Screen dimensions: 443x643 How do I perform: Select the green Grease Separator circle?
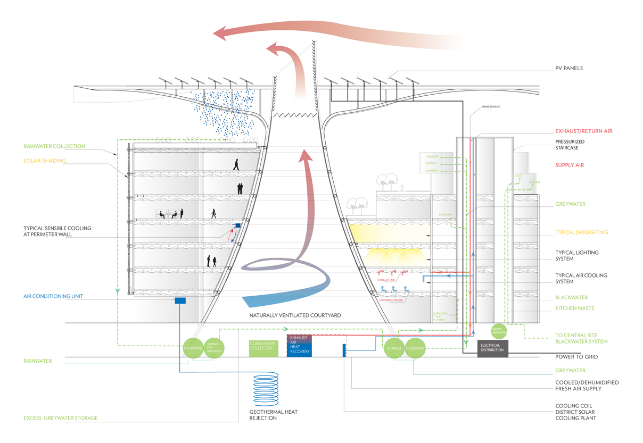tap(499, 330)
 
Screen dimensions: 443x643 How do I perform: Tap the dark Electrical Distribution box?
tap(493, 348)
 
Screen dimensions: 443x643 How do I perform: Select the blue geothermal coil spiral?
tap(268, 391)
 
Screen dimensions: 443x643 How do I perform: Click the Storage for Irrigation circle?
tap(213, 348)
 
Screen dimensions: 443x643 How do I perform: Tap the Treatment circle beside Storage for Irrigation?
tap(193, 348)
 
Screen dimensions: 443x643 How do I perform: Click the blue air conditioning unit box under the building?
tap(180, 301)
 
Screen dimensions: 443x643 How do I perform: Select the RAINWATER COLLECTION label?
tap(54, 146)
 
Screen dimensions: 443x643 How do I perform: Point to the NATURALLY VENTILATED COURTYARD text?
tap(295, 315)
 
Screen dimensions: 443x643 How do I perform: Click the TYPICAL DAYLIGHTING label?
tap(581, 232)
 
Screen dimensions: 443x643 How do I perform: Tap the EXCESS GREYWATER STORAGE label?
tap(61, 418)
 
